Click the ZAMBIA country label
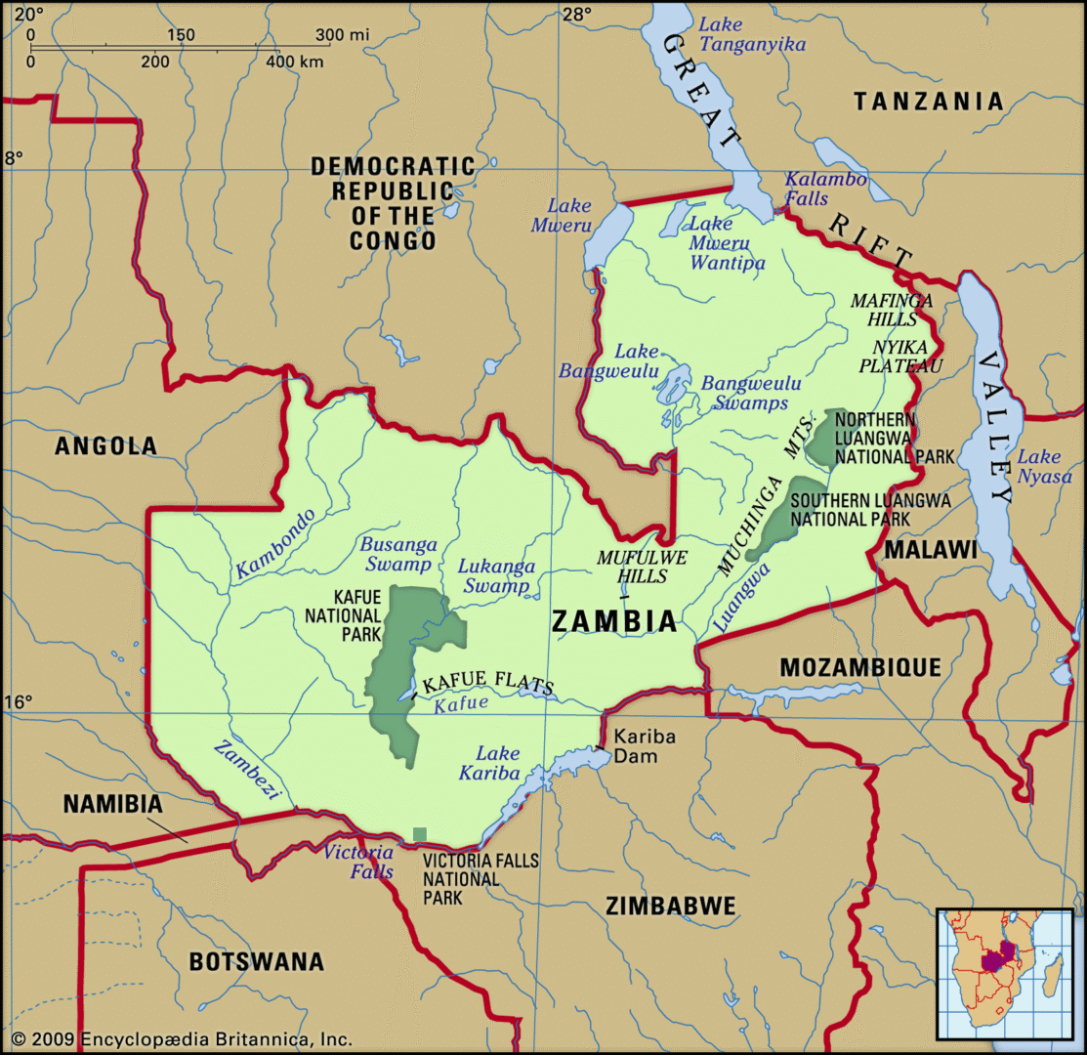pos(614,621)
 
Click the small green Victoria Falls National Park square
pos(420,834)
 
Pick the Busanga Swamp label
pos(397,554)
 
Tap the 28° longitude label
pos(575,14)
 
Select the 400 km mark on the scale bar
pos(295,62)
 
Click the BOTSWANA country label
pos(256,961)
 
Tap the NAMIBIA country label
pos(111,804)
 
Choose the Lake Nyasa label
pos(1038,466)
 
